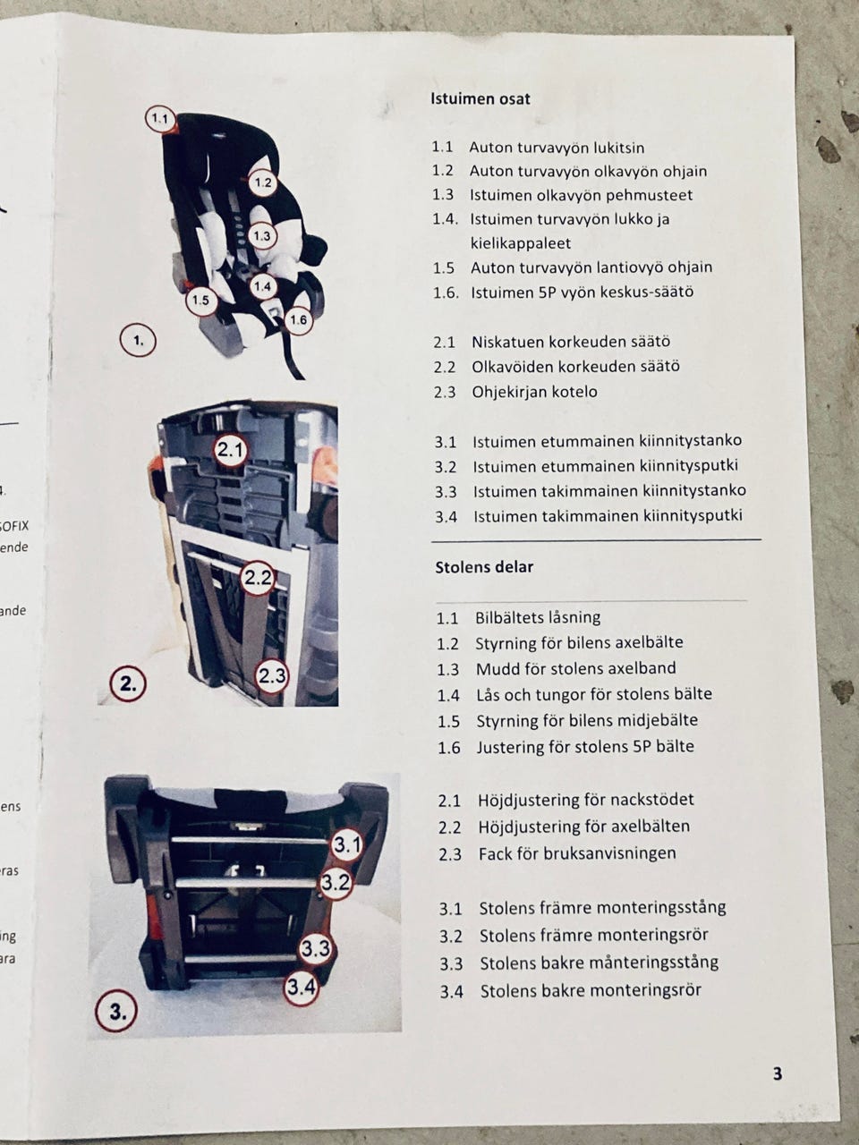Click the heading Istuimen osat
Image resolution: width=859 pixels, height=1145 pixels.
(x=481, y=99)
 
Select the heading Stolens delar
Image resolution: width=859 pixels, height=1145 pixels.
(x=484, y=567)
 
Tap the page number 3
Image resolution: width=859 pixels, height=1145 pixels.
(x=777, y=1073)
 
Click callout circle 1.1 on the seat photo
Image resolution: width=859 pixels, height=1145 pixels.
(x=158, y=119)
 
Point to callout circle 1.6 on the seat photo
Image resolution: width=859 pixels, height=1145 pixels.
(x=298, y=319)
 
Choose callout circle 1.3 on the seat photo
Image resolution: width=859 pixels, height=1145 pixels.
(x=262, y=236)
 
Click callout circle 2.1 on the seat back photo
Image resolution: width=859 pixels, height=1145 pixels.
(x=230, y=449)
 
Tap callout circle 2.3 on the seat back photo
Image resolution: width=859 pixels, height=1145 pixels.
(x=272, y=676)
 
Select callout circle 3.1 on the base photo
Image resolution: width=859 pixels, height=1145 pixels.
(x=347, y=844)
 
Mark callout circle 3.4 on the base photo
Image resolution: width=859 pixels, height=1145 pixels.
(x=302, y=987)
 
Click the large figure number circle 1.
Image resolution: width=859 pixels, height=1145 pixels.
(x=138, y=341)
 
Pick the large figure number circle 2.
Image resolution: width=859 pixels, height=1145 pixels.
(x=128, y=683)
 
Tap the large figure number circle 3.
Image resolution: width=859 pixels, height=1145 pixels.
(x=117, y=1013)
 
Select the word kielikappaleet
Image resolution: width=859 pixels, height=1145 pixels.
(x=521, y=243)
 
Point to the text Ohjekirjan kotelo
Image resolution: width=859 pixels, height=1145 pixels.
(x=534, y=392)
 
